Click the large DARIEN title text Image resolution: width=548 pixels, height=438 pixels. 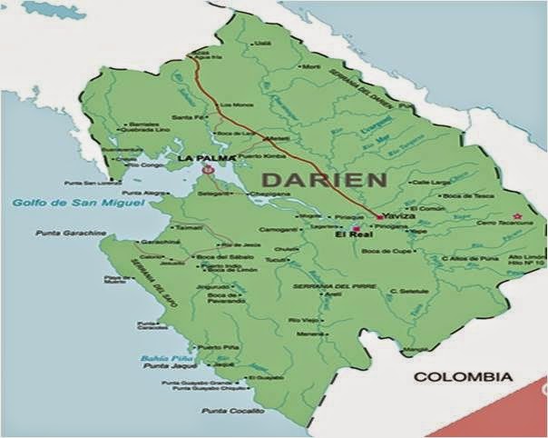(323, 179)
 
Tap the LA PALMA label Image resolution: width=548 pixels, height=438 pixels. (201, 158)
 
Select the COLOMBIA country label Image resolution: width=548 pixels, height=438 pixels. (463, 376)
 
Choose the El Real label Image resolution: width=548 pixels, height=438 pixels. (348, 234)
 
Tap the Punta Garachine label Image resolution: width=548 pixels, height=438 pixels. (66, 234)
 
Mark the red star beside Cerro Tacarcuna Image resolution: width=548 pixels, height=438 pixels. (518, 216)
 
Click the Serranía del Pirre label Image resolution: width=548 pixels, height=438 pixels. (323, 287)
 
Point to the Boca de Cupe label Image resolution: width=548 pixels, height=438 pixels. (381, 250)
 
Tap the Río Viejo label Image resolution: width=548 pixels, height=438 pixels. (303, 321)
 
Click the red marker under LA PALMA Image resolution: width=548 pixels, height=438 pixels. (209, 169)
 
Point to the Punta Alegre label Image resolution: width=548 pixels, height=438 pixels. (145, 193)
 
